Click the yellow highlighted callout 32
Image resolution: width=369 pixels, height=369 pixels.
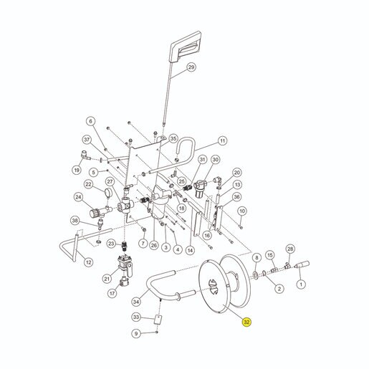click(x=246, y=322)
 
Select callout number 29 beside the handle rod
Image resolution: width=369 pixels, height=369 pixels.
click(x=191, y=67)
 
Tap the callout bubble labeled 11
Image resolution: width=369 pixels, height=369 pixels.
click(x=222, y=141)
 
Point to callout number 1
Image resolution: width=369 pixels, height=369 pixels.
click(x=301, y=284)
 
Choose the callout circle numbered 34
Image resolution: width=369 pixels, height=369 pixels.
click(x=136, y=302)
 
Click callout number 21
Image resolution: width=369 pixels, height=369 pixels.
click(x=107, y=279)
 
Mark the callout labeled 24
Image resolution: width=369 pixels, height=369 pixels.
click(x=78, y=197)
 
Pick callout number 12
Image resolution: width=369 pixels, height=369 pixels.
click(x=89, y=262)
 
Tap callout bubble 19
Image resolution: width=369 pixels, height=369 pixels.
click(x=77, y=170)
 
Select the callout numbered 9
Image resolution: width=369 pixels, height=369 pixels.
click(x=136, y=333)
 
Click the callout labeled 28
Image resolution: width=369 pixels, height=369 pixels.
click(x=290, y=249)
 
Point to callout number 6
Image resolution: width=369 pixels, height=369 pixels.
click(x=90, y=121)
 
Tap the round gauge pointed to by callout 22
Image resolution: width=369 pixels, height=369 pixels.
click(x=108, y=193)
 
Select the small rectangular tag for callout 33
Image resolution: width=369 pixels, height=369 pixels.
click(x=158, y=320)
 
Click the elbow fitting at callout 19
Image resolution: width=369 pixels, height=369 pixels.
click(x=86, y=155)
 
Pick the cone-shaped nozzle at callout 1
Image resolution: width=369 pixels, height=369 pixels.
click(x=302, y=265)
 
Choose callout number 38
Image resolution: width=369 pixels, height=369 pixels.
click(x=75, y=221)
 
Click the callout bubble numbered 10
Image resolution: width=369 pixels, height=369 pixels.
click(x=242, y=211)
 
